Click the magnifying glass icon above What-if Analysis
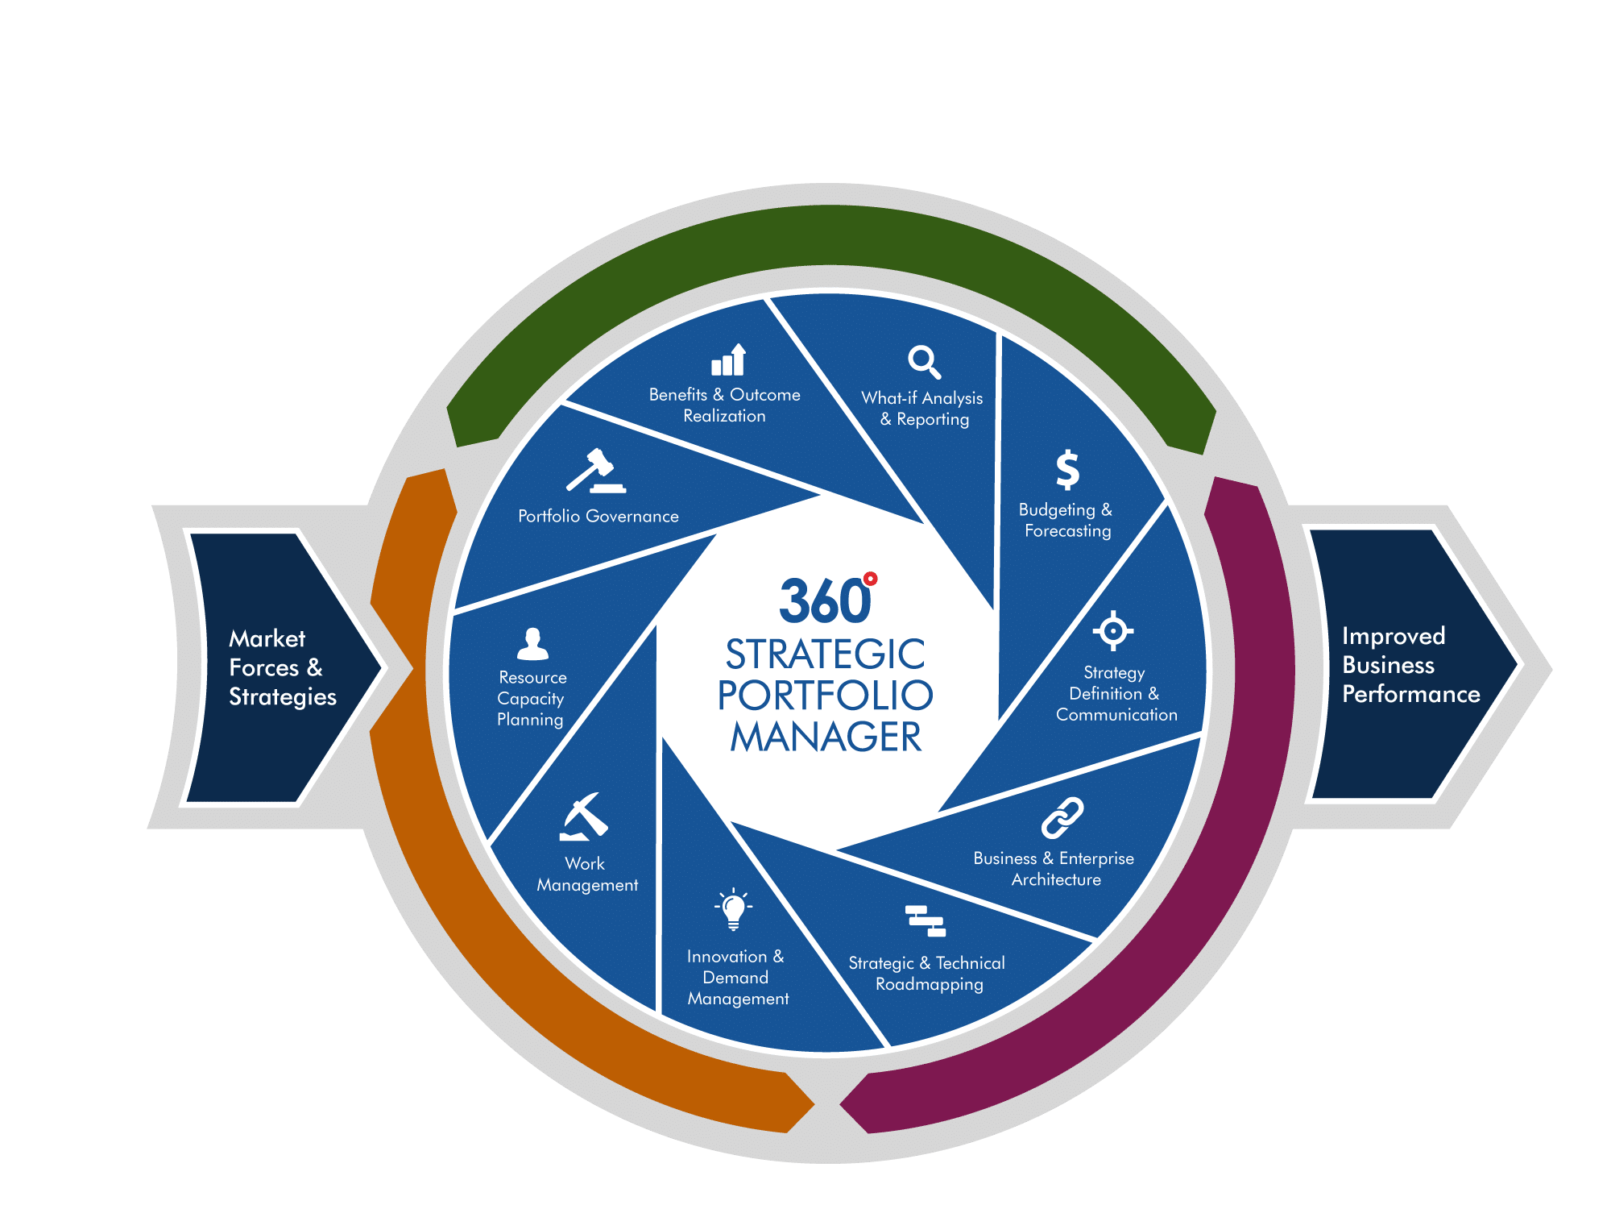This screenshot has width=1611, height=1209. pos(924,362)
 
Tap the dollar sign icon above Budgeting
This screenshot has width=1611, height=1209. pos(1067,469)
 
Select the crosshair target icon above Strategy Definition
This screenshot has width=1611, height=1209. pos(1113,630)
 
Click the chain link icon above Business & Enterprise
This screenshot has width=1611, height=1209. pos(1062,818)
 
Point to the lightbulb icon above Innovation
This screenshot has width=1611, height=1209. pos(733,909)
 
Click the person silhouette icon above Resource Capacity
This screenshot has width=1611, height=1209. pos(532,644)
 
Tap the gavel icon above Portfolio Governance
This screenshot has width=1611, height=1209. pos(595,471)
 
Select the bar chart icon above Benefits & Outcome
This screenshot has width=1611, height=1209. pos(729,360)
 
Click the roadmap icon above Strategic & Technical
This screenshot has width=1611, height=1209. pos(925,921)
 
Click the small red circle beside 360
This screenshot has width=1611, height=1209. pos(870,579)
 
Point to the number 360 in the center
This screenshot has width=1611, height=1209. pos(823,601)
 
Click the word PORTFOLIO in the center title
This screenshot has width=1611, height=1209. pos(825,696)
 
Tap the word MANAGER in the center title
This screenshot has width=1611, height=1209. pos(825,737)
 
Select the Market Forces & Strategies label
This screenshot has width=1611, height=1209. pos(282,667)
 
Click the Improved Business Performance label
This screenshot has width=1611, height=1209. pos(1410,665)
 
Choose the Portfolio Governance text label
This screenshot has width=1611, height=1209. pos(598,517)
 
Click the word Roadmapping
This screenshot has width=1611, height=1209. pos(929,984)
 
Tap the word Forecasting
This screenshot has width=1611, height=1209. pos(1067,531)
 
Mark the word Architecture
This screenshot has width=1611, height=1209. pos(1056,879)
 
